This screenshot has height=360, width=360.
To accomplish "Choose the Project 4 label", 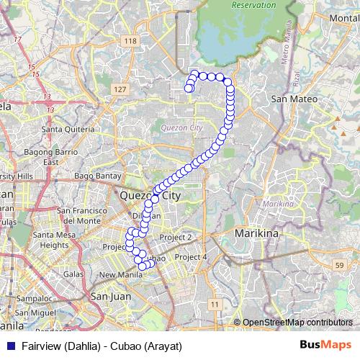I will pyautogui.click(x=191, y=257).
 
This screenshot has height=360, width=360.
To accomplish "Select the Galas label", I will pyautogui.click(x=73, y=274).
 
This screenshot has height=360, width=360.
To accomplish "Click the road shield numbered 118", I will pyautogui.click(x=130, y=42).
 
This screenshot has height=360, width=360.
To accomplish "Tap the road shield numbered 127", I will pyautogui.click(x=120, y=89).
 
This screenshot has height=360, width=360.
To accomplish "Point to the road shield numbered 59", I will pyautogui.click(x=339, y=266).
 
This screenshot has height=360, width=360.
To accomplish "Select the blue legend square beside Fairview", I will pyautogui.click(x=10, y=346).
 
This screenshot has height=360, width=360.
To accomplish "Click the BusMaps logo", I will pyautogui.click(x=326, y=346).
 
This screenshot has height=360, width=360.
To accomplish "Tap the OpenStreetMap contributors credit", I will pyautogui.click(x=297, y=322).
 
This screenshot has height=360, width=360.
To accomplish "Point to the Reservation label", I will pyautogui.click(x=255, y=5).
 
